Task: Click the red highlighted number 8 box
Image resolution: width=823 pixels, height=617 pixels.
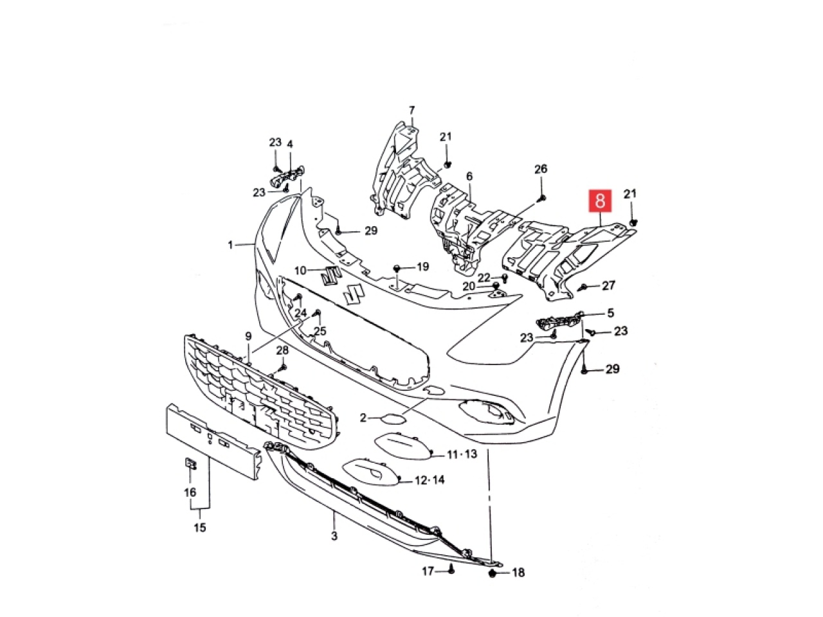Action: (600, 201)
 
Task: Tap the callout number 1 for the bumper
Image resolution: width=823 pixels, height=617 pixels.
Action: (230, 245)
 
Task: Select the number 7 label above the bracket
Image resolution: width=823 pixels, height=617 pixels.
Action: (411, 111)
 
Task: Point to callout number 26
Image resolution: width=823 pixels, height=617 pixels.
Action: (541, 169)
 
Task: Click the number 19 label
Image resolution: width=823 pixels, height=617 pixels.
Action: (422, 267)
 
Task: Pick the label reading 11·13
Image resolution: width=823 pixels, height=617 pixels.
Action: (462, 454)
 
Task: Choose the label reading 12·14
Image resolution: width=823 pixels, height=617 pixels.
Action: (430, 480)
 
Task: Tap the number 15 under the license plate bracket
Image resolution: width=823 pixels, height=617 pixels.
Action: (200, 528)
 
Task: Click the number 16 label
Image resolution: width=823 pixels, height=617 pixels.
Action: (190, 492)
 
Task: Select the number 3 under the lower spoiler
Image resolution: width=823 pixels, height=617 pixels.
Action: (334, 536)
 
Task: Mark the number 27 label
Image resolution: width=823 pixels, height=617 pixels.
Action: (608, 285)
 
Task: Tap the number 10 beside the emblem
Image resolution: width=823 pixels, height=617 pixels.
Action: (301, 270)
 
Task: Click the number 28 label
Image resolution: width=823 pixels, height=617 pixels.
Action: (282, 350)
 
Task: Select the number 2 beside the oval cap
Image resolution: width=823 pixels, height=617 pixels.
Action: (363, 417)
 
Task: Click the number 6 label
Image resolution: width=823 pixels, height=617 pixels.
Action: (469, 176)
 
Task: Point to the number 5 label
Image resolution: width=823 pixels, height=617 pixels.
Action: (610, 313)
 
